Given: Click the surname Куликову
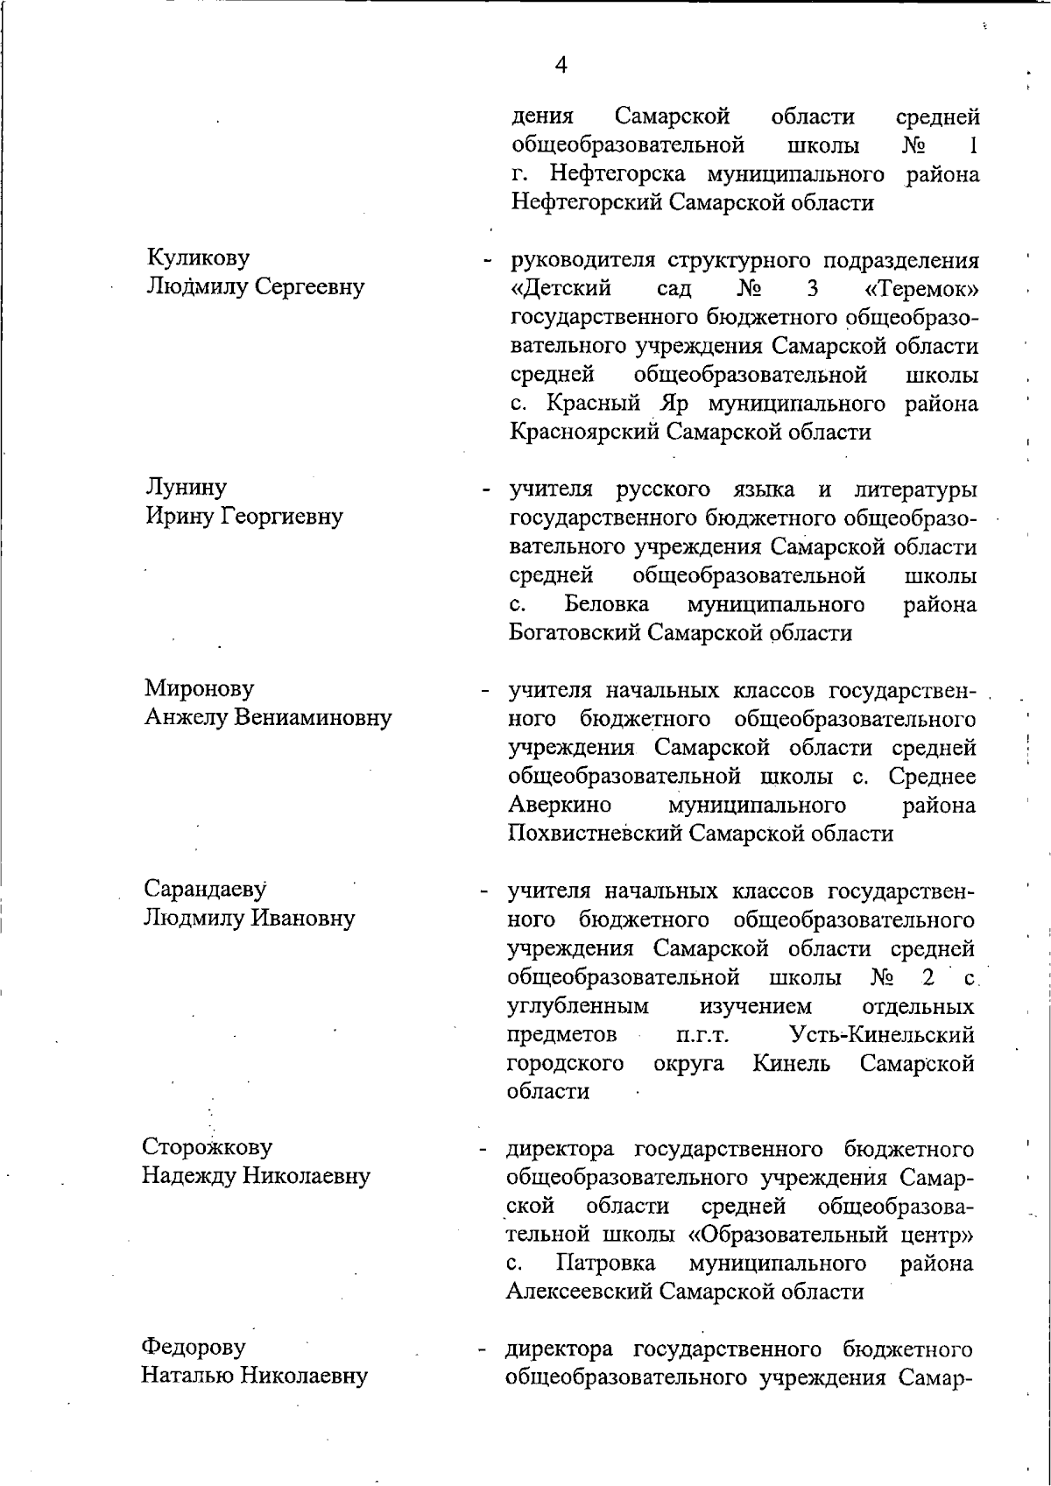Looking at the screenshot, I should click(x=198, y=257).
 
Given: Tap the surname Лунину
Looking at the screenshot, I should click(x=186, y=487).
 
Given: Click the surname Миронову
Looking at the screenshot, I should click(x=199, y=688).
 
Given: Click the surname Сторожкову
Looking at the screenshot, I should click(x=208, y=1146).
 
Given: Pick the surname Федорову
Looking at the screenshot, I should click(x=194, y=1347).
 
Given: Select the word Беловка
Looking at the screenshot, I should click(x=607, y=604).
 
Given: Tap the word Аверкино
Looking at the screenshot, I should click(x=560, y=804).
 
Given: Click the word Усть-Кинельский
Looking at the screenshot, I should click(x=882, y=1034).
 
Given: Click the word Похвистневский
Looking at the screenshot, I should click(x=595, y=833).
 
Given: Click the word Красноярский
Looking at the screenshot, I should click(x=584, y=432).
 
